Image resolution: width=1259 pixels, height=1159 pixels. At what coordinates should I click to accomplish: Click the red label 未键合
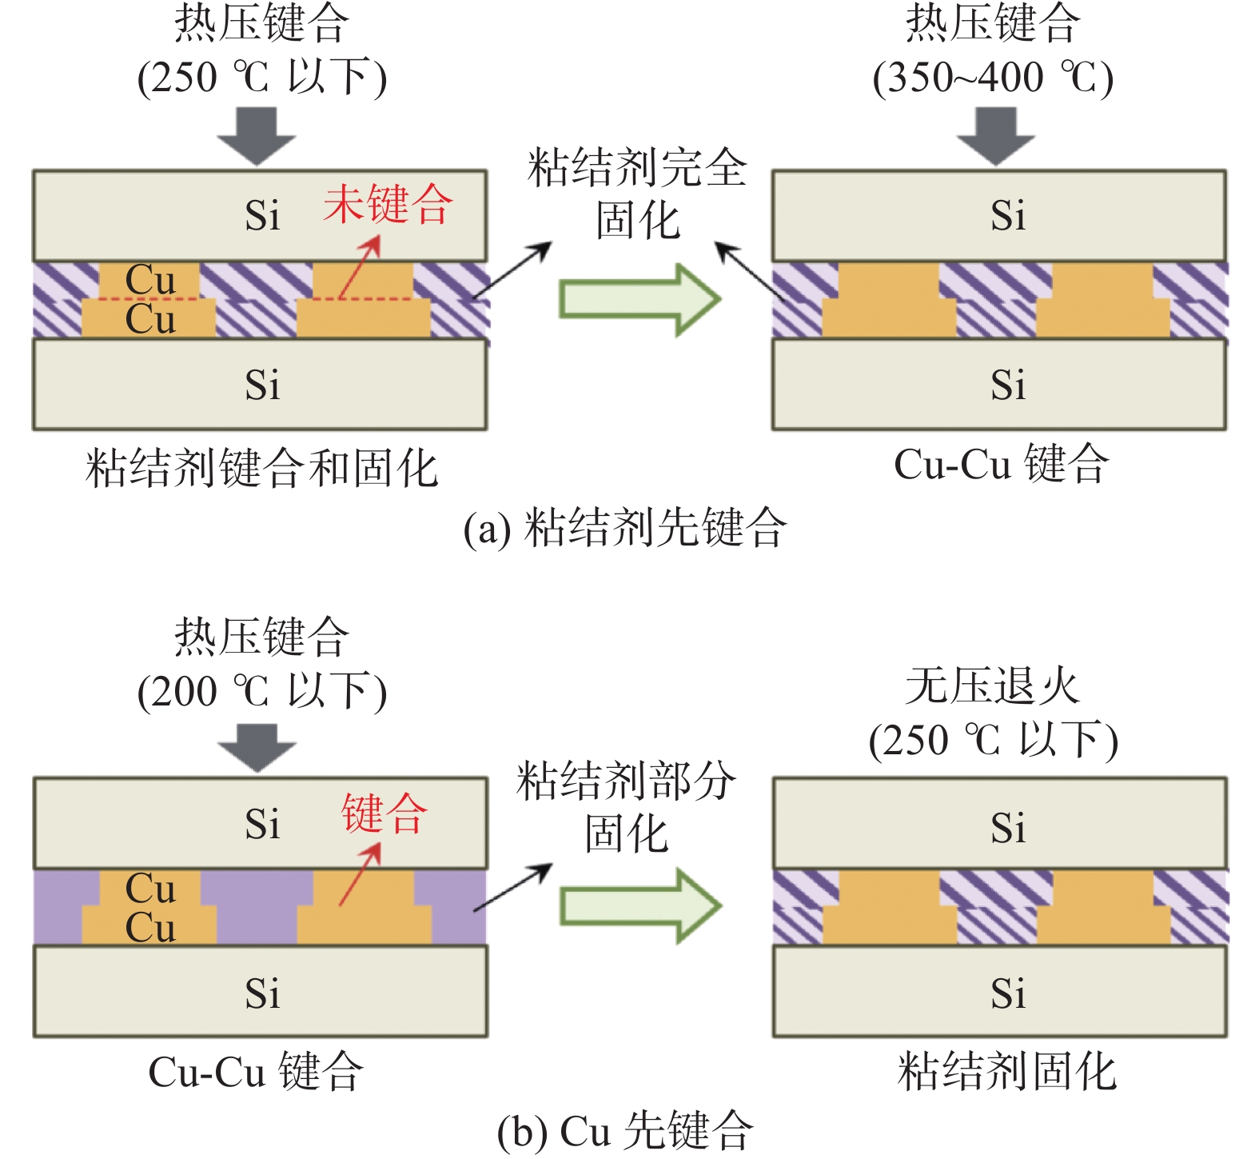pyautogui.click(x=388, y=204)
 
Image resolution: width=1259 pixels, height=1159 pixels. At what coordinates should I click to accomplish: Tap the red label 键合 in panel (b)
pyautogui.click(x=384, y=813)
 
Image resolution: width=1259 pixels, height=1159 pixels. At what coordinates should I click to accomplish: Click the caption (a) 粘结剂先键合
pyautogui.click(x=625, y=528)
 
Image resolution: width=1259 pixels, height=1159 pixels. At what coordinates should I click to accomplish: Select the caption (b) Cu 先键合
pyautogui.click(x=625, y=1130)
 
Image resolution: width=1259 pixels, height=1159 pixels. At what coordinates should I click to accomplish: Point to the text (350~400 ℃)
pyautogui.click(x=993, y=78)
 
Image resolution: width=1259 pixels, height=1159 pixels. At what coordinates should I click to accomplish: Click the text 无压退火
pyautogui.click(x=993, y=686)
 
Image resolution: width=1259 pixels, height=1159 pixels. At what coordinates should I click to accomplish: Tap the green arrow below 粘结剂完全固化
pyautogui.click(x=639, y=299)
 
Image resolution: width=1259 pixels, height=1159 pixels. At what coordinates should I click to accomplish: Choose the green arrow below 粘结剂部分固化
pyautogui.click(x=639, y=906)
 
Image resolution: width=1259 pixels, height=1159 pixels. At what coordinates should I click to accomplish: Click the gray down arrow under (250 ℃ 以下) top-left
pyautogui.click(x=257, y=135)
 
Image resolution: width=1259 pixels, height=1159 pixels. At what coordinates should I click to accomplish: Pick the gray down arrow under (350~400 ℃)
pyautogui.click(x=996, y=135)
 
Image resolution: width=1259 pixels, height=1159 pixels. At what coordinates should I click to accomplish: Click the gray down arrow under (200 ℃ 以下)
pyautogui.click(x=257, y=747)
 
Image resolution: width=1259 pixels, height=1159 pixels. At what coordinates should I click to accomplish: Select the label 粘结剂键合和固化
pyautogui.click(x=261, y=468)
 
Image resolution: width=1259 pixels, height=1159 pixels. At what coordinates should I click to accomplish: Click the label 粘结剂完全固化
pyautogui.click(x=637, y=193)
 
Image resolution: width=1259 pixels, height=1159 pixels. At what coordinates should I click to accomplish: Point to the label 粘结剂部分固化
pyautogui.click(x=626, y=806)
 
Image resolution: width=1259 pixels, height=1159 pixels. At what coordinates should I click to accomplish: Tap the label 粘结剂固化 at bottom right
pyautogui.click(x=1006, y=1071)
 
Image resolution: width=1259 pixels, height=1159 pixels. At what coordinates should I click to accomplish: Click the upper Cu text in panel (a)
pyautogui.click(x=150, y=279)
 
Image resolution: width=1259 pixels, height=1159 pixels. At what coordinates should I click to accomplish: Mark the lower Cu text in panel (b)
pyautogui.click(x=150, y=927)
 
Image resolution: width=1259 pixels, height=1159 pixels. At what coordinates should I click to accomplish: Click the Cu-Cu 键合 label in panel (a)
pyautogui.click(x=1001, y=464)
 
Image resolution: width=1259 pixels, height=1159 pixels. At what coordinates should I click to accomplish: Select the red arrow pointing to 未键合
pyautogui.click(x=358, y=269)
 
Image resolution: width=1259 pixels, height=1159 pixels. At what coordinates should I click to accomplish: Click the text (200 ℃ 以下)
pyautogui.click(x=262, y=692)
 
